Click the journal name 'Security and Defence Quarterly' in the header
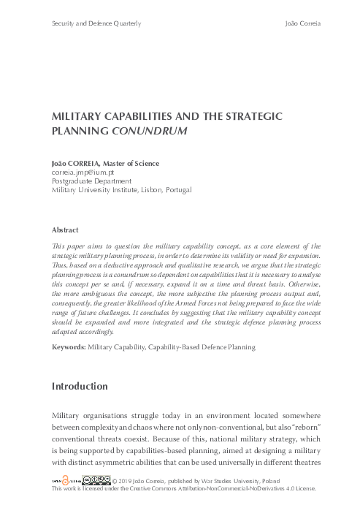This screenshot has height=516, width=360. [x=96, y=24]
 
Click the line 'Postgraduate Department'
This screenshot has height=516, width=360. [x=91, y=181]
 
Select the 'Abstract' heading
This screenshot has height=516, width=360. [x=66, y=229]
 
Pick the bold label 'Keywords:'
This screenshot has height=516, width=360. [x=69, y=347]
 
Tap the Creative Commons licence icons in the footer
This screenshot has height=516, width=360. [x=93, y=479]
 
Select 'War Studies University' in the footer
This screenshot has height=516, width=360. [x=225, y=480]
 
